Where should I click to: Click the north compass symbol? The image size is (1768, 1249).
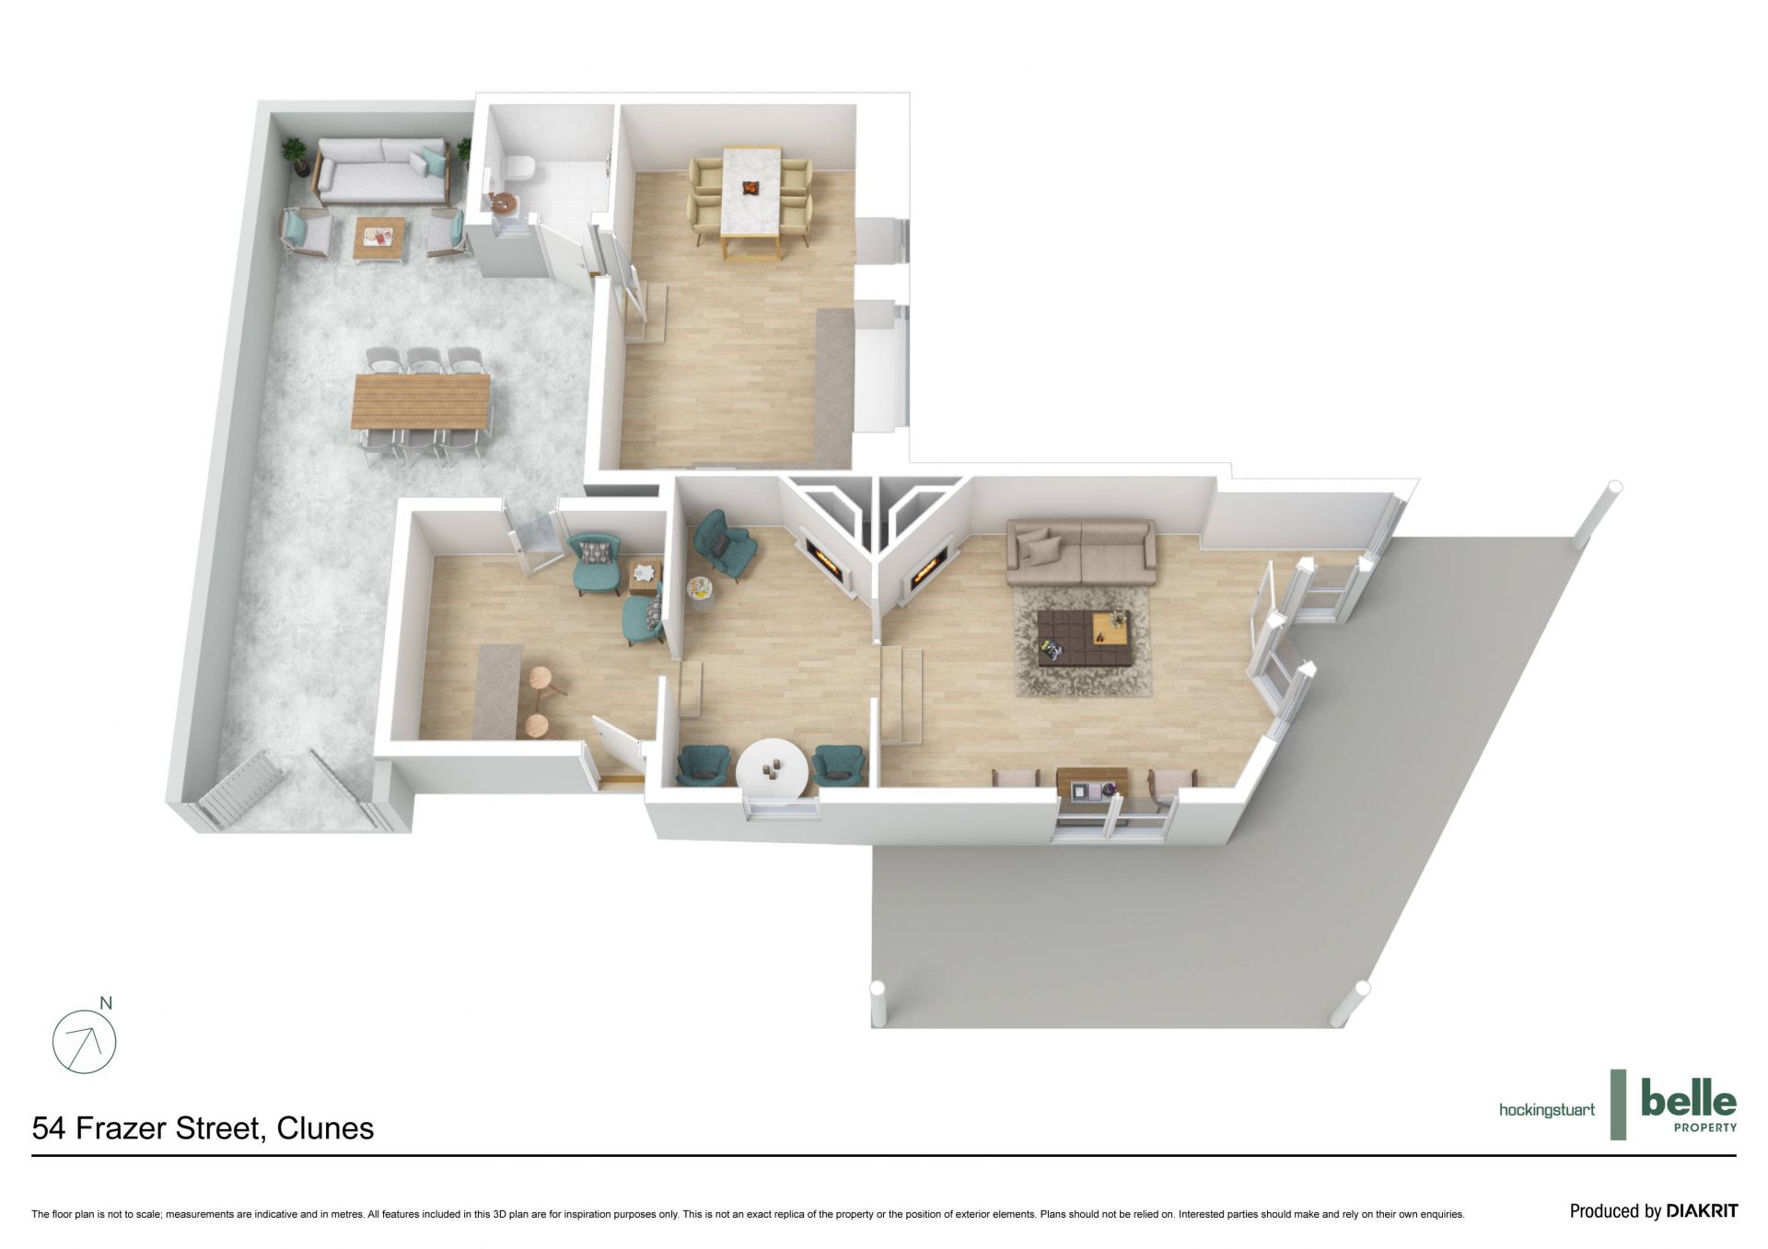[85, 1039]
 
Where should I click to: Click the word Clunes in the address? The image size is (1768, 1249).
[325, 1128]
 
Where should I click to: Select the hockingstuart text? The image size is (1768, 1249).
[1547, 1110]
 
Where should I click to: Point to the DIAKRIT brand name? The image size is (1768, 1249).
[1702, 1211]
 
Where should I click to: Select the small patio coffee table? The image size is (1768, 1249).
[379, 237]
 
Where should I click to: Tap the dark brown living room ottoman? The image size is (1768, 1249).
[1082, 636]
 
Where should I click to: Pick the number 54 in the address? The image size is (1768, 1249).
[50, 1128]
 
